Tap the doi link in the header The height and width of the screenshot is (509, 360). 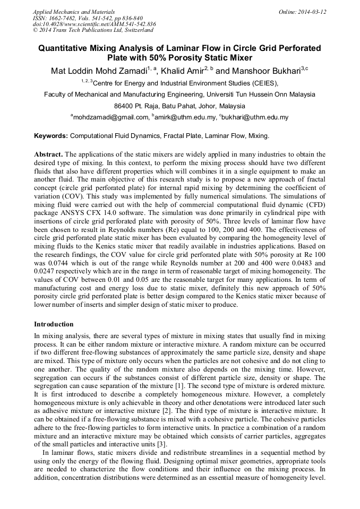click(x=94, y=24)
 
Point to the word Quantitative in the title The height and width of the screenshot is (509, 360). click(x=63, y=48)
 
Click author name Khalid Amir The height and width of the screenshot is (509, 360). click(x=183, y=71)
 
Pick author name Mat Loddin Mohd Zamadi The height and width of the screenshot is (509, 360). click(x=98, y=71)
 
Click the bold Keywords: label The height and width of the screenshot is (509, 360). click(x=51, y=136)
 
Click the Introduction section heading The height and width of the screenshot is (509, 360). click(x=54, y=324)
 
